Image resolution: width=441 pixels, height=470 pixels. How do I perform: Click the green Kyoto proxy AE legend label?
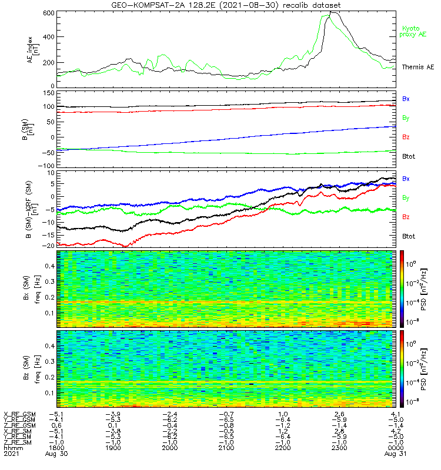pyautogui.click(x=414, y=31)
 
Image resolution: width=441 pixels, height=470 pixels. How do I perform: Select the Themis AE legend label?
pyautogui.click(x=414, y=68)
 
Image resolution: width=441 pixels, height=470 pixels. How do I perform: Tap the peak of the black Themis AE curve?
pyautogui.click(x=333, y=12)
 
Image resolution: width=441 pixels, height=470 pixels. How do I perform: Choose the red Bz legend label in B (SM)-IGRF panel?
pyautogui.click(x=406, y=217)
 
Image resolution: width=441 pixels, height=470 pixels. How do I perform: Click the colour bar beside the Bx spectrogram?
pyautogui.click(x=403, y=288)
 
